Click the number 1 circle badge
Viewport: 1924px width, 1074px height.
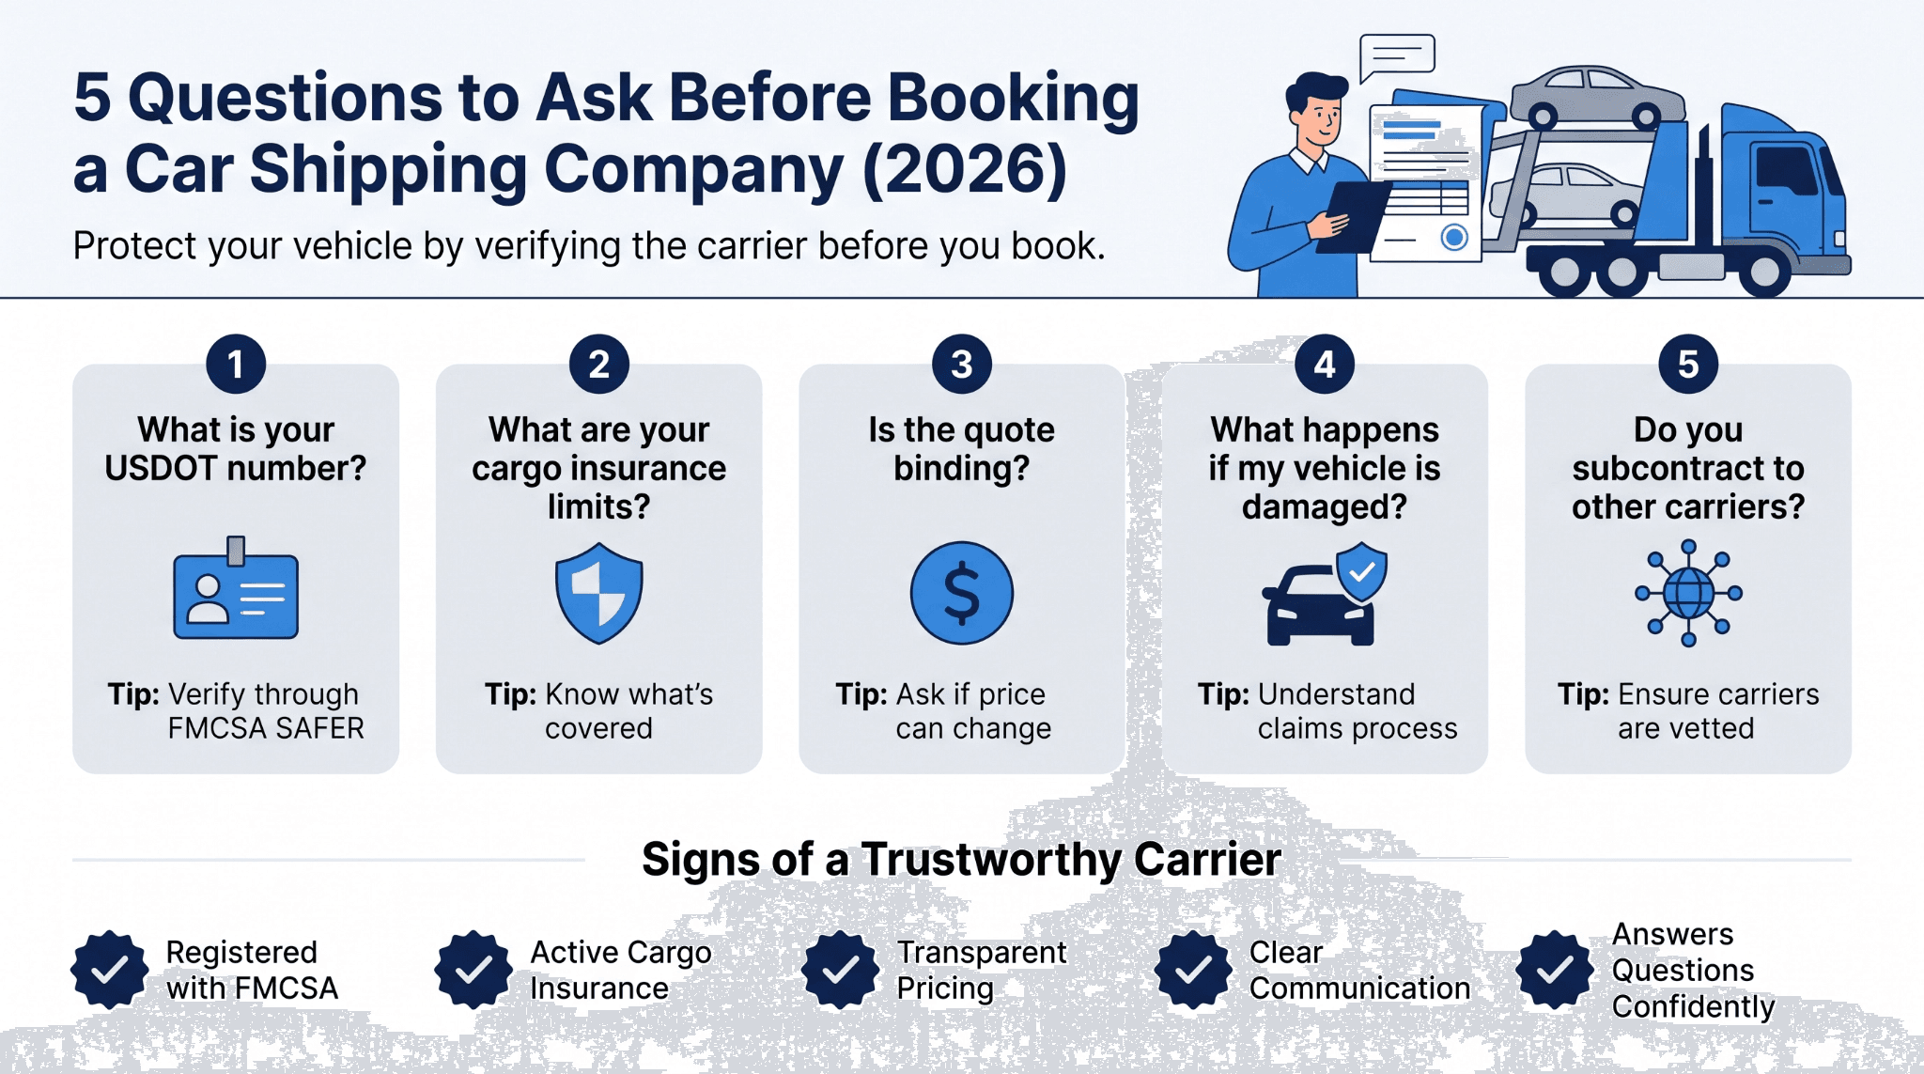pos(236,364)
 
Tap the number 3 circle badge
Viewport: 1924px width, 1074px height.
pos(962,364)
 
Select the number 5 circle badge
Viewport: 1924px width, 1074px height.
pos(1688,364)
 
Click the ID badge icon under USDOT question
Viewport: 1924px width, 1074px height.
pos(236,588)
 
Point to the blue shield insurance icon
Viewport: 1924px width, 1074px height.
pos(599,593)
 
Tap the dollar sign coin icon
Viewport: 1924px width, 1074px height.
pos(962,593)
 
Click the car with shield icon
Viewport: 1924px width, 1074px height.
pos(1324,594)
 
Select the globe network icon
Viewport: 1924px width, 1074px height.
pos(1688,593)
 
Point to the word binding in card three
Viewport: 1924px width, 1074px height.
pos(961,468)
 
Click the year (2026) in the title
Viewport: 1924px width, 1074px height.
pos(965,170)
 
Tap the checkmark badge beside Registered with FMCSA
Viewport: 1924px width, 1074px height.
pos(110,970)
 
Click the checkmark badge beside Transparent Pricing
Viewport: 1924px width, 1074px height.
pos(840,970)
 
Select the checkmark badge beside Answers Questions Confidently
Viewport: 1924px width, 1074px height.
pos(1555,970)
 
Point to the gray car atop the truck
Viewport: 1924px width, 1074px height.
pos(1597,97)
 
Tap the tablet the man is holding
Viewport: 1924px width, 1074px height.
pos(1353,217)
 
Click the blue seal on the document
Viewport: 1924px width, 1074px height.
pos(1454,237)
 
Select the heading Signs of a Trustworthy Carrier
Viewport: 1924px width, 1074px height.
pos(961,860)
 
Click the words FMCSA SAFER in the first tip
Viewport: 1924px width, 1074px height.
pos(266,728)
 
